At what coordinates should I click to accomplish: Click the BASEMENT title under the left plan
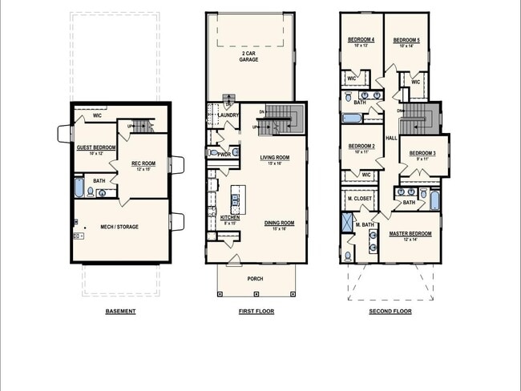point(120,311)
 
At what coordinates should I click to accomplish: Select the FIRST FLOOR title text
point(256,311)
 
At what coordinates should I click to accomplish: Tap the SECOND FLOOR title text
point(390,311)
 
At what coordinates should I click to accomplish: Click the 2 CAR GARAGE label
point(252,56)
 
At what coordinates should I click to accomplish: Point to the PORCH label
point(255,279)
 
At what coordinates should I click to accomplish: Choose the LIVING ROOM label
point(274,158)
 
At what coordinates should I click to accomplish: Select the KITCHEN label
point(229,218)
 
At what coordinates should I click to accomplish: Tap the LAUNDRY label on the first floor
point(228,115)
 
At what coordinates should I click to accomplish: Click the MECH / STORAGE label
point(119,227)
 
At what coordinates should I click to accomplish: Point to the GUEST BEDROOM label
point(95,147)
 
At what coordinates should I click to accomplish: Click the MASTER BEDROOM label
point(410,234)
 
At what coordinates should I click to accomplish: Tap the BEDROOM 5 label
point(407,40)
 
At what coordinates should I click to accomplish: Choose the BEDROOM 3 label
point(422,153)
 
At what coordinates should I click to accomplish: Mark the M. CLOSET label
point(360,198)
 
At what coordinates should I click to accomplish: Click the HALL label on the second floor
point(391,138)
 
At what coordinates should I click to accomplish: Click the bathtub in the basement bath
point(79,187)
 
